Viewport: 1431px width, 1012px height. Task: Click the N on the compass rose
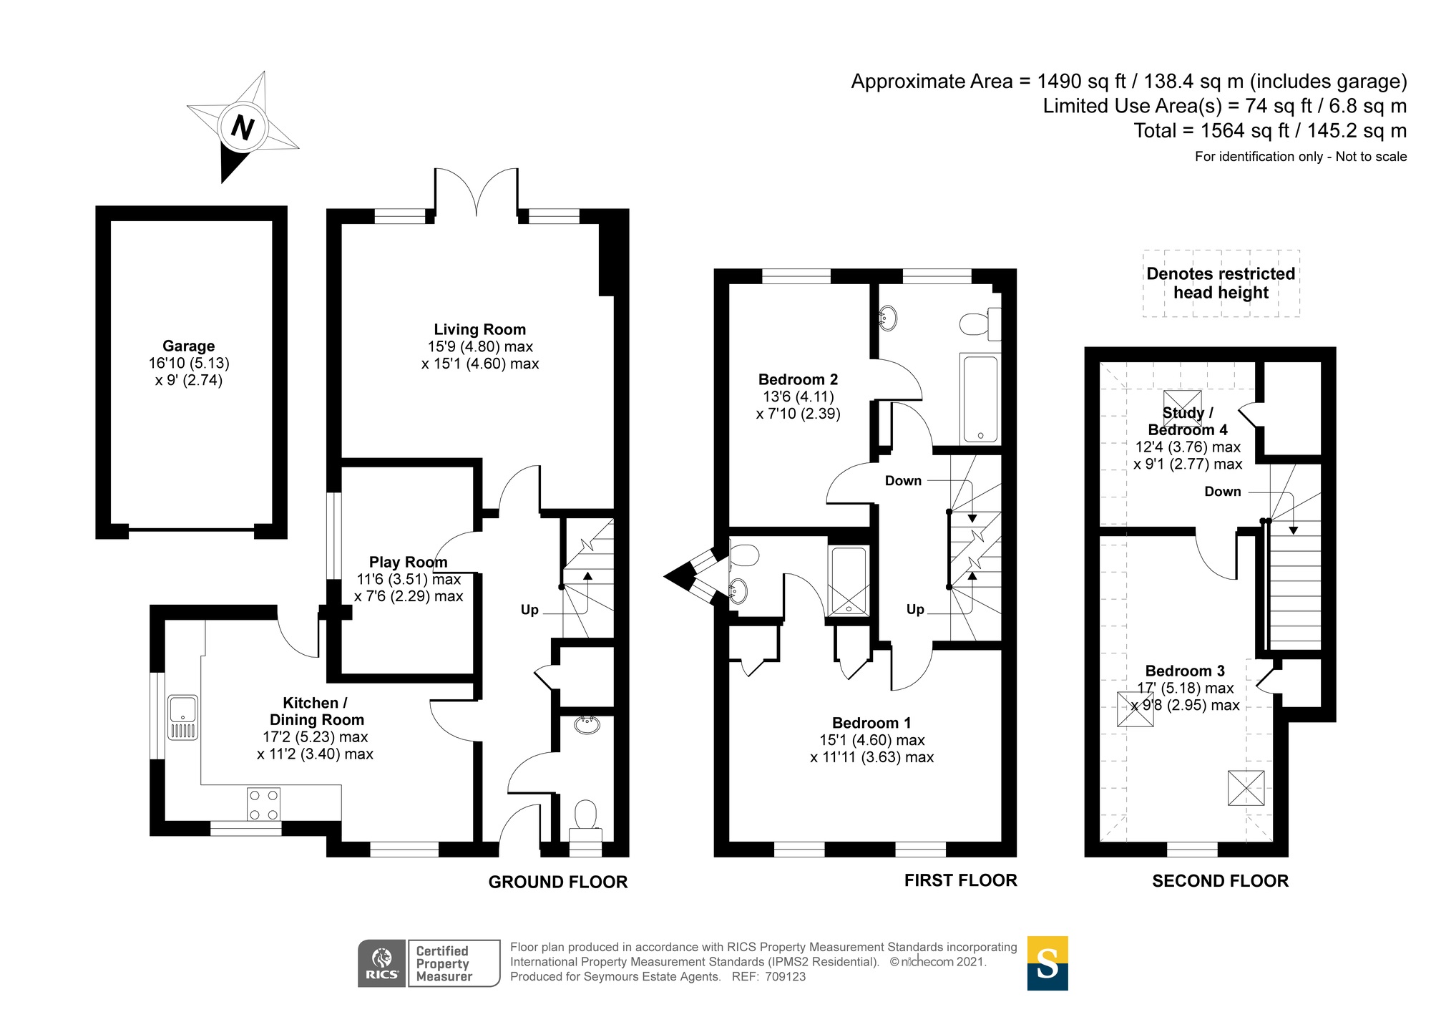(x=243, y=127)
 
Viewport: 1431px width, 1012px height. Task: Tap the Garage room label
(x=188, y=346)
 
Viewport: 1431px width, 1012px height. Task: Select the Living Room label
(x=479, y=330)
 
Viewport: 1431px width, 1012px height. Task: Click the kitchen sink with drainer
(x=182, y=717)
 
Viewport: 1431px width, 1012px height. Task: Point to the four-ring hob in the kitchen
(x=263, y=804)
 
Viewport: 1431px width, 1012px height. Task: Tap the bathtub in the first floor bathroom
(x=980, y=399)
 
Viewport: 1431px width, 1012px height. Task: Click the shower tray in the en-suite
(x=849, y=581)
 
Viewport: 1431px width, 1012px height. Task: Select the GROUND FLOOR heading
(x=557, y=882)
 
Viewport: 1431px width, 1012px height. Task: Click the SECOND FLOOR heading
(x=1220, y=881)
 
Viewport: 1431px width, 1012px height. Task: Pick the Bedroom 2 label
(x=798, y=380)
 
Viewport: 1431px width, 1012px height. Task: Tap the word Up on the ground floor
(x=529, y=610)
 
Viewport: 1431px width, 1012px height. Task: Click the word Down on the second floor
(x=1222, y=492)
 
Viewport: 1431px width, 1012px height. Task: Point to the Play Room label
(x=408, y=563)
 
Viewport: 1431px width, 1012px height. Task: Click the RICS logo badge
(x=382, y=963)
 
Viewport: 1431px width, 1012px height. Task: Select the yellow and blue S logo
(x=1047, y=963)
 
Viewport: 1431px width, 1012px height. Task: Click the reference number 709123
(x=785, y=977)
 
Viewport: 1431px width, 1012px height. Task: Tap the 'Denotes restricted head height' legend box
(x=1221, y=283)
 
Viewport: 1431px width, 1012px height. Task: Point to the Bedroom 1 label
(x=871, y=723)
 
